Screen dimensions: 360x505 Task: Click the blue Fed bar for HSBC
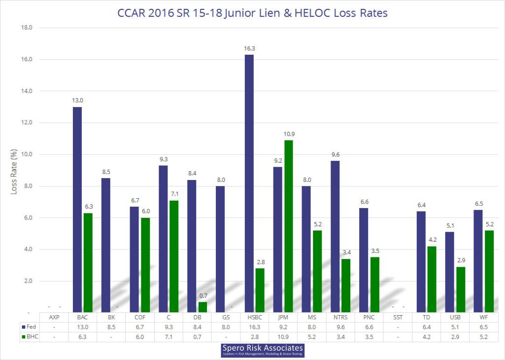(249, 183)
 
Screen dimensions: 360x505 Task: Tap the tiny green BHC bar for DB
(202, 307)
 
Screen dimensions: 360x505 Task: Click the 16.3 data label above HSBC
(249, 48)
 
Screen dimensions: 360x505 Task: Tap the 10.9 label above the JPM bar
(289, 134)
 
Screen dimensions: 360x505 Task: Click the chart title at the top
(252, 13)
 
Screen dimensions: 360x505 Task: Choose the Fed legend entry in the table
(29, 326)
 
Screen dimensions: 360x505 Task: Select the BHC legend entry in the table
(30, 336)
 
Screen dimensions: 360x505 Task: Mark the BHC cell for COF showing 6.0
(140, 336)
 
